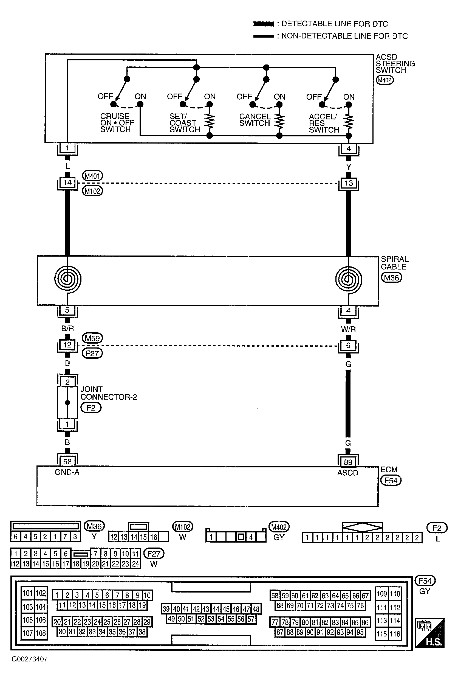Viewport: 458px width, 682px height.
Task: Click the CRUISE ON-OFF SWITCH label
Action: (x=117, y=123)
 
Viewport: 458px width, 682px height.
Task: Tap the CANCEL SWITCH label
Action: (x=255, y=120)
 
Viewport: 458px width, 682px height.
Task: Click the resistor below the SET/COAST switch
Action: (x=210, y=121)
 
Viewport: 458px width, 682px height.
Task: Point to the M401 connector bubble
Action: (x=93, y=176)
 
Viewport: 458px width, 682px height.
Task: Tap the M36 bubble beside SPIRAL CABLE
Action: (x=391, y=277)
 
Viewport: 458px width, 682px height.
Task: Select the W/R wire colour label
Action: (x=348, y=329)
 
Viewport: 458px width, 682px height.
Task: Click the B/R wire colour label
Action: (x=67, y=329)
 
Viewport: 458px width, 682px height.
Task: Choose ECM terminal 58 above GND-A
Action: (x=67, y=462)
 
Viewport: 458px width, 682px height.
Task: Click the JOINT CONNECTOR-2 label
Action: (x=109, y=393)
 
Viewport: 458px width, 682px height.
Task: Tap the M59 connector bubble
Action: (x=92, y=338)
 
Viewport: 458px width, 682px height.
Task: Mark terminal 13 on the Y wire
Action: (x=349, y=183)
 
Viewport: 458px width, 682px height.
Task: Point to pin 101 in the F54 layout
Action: (x=28, y=593)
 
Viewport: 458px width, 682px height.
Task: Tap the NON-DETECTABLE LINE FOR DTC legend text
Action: (x=344, y=36)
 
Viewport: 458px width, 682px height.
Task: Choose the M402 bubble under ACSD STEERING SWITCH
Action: (x=385, y=80)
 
